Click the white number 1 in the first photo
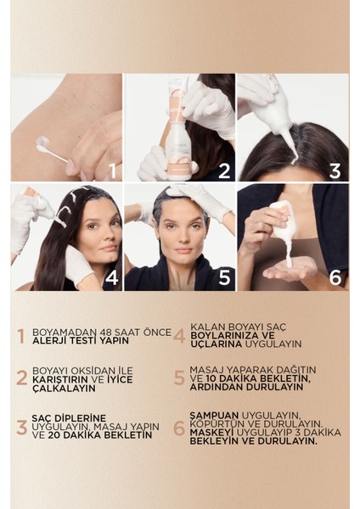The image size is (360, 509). pos(113,171)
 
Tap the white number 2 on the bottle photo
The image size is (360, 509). pos(224,171)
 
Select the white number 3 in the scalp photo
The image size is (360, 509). pos(335,171)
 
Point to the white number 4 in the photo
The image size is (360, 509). pos(111,277)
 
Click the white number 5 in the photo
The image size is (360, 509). pos(224,277)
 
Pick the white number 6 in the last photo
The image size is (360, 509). pos(335,277)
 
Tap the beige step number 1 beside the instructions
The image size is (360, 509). pos(21,336)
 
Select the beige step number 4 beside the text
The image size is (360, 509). pos(179,336)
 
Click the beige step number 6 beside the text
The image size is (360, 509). pos(179,428)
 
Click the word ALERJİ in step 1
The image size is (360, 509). pos(46,340)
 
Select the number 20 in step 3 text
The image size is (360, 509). pos(54,435)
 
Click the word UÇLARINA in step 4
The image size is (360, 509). pos(217,344)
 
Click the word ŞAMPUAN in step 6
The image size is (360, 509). pos(214,416)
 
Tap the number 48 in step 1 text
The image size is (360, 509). pos(107,333)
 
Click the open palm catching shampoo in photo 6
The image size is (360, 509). pos(290,272)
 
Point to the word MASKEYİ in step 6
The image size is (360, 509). pos(212,433)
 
